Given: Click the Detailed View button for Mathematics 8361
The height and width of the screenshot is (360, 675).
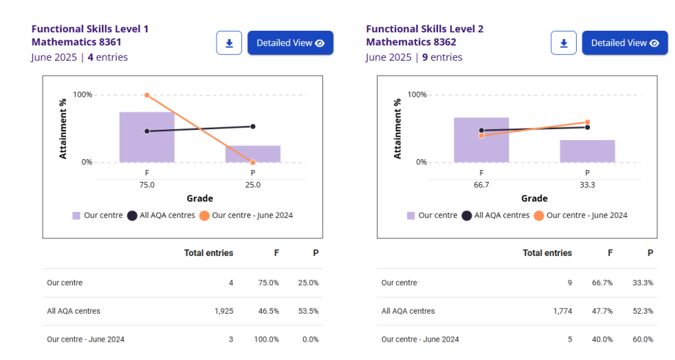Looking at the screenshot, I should tap(290, 43).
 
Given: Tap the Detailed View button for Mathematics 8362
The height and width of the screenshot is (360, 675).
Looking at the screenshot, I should tap(624, 43).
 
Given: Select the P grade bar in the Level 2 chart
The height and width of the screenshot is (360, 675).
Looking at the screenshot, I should tap(587, 151).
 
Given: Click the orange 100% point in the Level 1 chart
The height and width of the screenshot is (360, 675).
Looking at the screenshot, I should tap(147, 95).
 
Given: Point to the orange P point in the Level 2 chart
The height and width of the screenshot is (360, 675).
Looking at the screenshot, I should tap(587, 122).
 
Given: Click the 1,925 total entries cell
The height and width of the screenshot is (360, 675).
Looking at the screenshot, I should tap(224, 311).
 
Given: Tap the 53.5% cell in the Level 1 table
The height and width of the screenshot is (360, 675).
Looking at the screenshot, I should tap(308, 311).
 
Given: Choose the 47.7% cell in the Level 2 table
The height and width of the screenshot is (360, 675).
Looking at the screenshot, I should tap(603, 311).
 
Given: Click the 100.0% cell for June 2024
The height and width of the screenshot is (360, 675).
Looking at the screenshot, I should tap(266, 339).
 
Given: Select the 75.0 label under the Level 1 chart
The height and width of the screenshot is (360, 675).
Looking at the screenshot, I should tap(147, 185).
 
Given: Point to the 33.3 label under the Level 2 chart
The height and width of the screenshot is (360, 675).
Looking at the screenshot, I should tap(587, 185).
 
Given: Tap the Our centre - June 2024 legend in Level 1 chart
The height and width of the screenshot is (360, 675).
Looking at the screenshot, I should tap(247, 216).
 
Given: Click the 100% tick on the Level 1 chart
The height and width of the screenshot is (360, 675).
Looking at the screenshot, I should tap(82, 95).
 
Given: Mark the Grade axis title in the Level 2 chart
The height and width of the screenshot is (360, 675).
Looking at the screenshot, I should tap(534, 198).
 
